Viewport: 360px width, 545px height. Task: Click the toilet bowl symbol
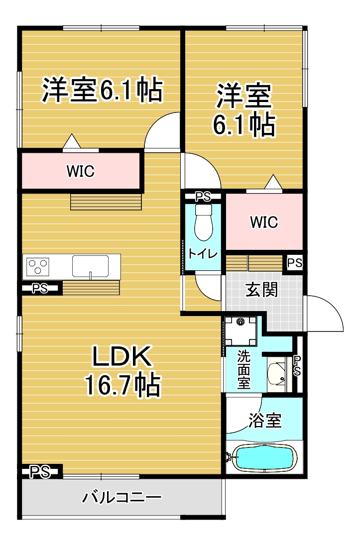[204, 222]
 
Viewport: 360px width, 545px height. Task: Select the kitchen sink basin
[91, 266]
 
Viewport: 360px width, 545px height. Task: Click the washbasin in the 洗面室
[276, 375]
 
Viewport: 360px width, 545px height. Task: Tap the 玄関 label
[261, 290]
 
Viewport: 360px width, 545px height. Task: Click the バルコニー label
[121, 497]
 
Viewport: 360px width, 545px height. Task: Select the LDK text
[122, 356]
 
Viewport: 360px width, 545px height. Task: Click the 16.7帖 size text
[123, 385]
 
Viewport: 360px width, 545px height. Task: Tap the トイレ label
[203, 253]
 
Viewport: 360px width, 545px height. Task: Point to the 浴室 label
[265, 421]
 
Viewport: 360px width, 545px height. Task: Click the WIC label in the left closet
[80, 171]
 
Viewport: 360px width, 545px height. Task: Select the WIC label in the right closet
[264, 222]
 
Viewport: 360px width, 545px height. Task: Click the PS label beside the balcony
[40, 472]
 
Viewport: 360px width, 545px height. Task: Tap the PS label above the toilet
[203, 197]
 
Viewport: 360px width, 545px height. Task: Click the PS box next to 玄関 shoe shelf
[295, 263]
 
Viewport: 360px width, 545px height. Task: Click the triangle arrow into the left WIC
[72, 140]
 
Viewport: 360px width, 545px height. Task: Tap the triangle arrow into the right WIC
[273, 182]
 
